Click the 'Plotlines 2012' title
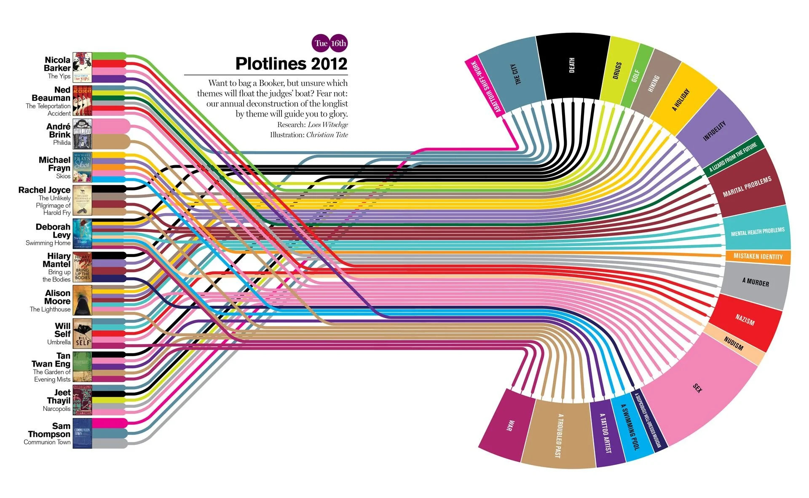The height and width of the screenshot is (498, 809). click(x=291, y=64)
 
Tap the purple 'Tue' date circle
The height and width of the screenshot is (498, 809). click(x=321, y=43)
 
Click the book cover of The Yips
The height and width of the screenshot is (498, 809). click(x=82, y=67)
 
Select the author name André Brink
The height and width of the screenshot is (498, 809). click(x=59, y=131)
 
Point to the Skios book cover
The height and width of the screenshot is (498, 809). click(x=82, y=167)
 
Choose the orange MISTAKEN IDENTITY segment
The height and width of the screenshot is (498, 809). click(x=758, y=256)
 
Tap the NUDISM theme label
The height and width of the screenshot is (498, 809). click(x=734, y=344)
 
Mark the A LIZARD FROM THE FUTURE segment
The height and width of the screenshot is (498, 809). click(x=733, y=157)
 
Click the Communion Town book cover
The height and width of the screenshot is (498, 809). click(x=82, y=433)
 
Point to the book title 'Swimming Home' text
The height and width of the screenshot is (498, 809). click(x=48, y=243)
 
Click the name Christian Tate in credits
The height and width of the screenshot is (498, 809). click(x=327, y=135)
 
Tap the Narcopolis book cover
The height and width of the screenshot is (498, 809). click(x=82, y=400)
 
